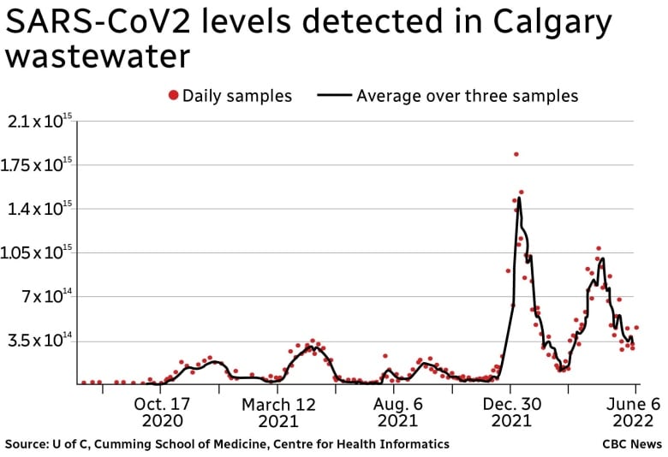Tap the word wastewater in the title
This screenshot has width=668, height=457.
coord(96,57)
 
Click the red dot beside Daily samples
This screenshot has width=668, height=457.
coord(175,96)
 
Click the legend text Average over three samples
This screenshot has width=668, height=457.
coord(467,96)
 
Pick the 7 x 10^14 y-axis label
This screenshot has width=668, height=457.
coord(43,297)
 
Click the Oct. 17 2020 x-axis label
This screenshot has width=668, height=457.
coord(162,411)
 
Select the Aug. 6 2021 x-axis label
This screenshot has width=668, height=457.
coord(397,411)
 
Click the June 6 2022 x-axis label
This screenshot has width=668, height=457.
coord(633,411)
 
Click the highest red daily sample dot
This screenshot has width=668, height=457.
coord(516,154)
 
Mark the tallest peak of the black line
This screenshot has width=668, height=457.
coord(519,199)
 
